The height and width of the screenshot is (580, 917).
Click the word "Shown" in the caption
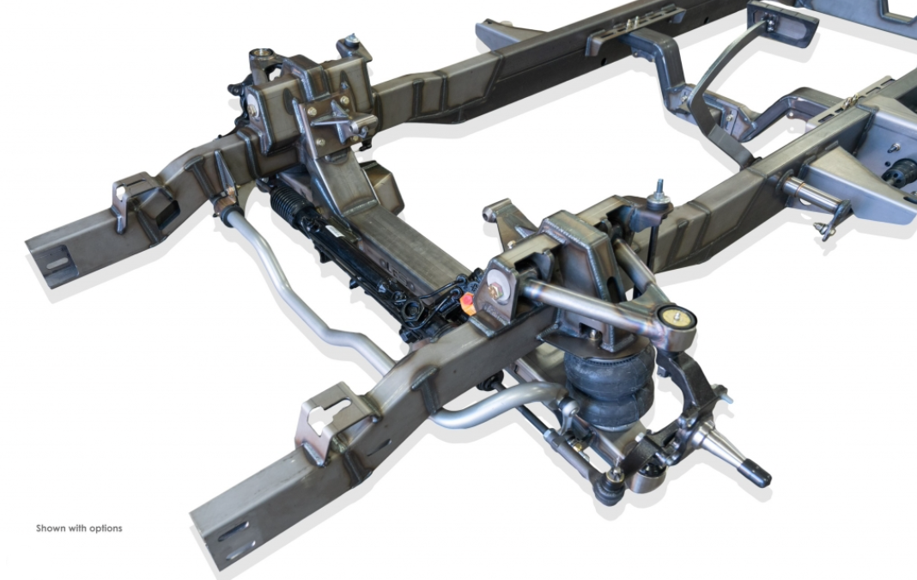pos(50,528)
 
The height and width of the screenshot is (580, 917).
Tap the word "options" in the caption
pos(106,528)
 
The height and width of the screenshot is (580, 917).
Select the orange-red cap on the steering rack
pos(467,301)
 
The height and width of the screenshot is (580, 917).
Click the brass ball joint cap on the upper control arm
pos(677,316)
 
